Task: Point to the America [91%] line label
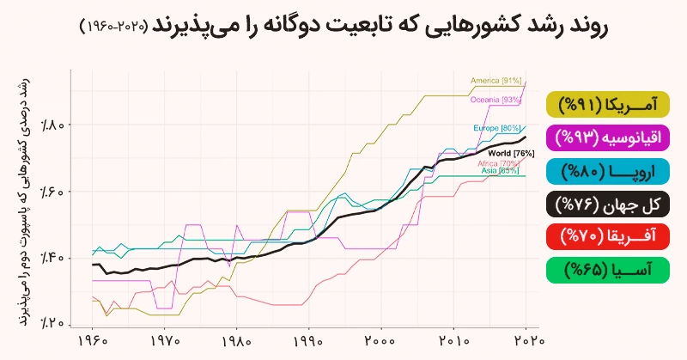[496, 81]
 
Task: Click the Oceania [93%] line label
[495, 100]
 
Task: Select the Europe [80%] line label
[496, 128]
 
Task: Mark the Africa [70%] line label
[497, 163]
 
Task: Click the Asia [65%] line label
[499, 171]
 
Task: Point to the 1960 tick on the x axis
[92, 340]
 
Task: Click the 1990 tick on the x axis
[309, 340]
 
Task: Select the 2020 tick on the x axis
[526, 340]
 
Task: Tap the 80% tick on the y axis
[52, 125]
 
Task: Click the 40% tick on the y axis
[52, 257]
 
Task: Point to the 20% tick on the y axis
[52, 322]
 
